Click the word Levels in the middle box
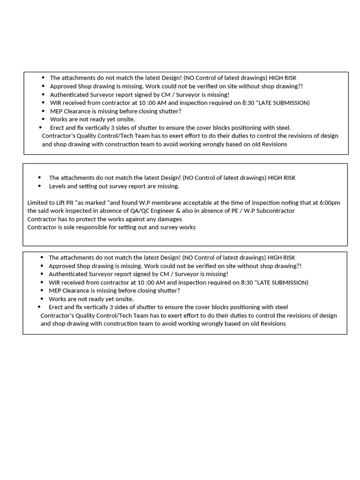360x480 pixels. click(58, 186)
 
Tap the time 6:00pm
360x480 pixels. click(330, 202)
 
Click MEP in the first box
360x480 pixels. click(56, 111)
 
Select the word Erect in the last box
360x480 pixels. click(56, 307)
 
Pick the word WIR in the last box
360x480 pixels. click(54, 282)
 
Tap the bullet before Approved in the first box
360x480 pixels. click(44, 86)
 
